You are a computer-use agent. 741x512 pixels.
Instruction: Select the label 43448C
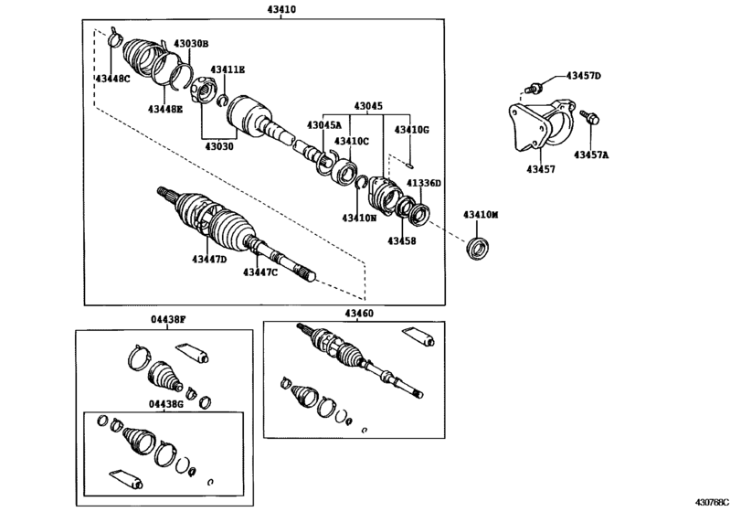coord(112,79)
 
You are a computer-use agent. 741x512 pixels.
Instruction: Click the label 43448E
coord(165,109)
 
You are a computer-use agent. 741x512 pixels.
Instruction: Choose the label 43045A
coord(323,125)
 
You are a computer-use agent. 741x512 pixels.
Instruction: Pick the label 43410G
coord(411,130)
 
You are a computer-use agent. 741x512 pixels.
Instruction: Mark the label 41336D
coord(424,183)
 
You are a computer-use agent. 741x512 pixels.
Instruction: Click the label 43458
coord(400,241)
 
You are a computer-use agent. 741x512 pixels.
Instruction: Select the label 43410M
coord(481,215)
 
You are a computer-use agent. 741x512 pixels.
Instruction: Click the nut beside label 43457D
coord(535,89)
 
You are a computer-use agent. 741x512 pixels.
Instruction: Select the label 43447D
coord(209,260)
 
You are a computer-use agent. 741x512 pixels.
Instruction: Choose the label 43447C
coord(260,272)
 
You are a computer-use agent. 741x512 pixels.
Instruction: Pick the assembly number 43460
coord(359,313)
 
